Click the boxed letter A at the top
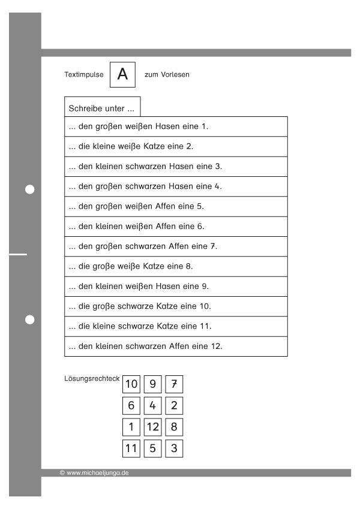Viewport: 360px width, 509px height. point(122,75)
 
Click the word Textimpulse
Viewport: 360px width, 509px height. point(84,75)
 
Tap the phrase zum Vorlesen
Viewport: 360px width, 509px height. point(167,75)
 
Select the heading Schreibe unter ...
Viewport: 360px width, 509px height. point(101,109)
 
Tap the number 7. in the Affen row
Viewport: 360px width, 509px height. point(214,246)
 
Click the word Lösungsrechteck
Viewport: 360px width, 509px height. point(92,379)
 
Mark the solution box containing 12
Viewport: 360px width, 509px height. point(152,427)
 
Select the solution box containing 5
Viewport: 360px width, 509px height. point(152,448)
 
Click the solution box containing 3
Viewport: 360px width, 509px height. point(174,448)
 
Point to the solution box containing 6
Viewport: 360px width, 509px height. point(131,406)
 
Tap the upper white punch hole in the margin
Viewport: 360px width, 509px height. point(30,189)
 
